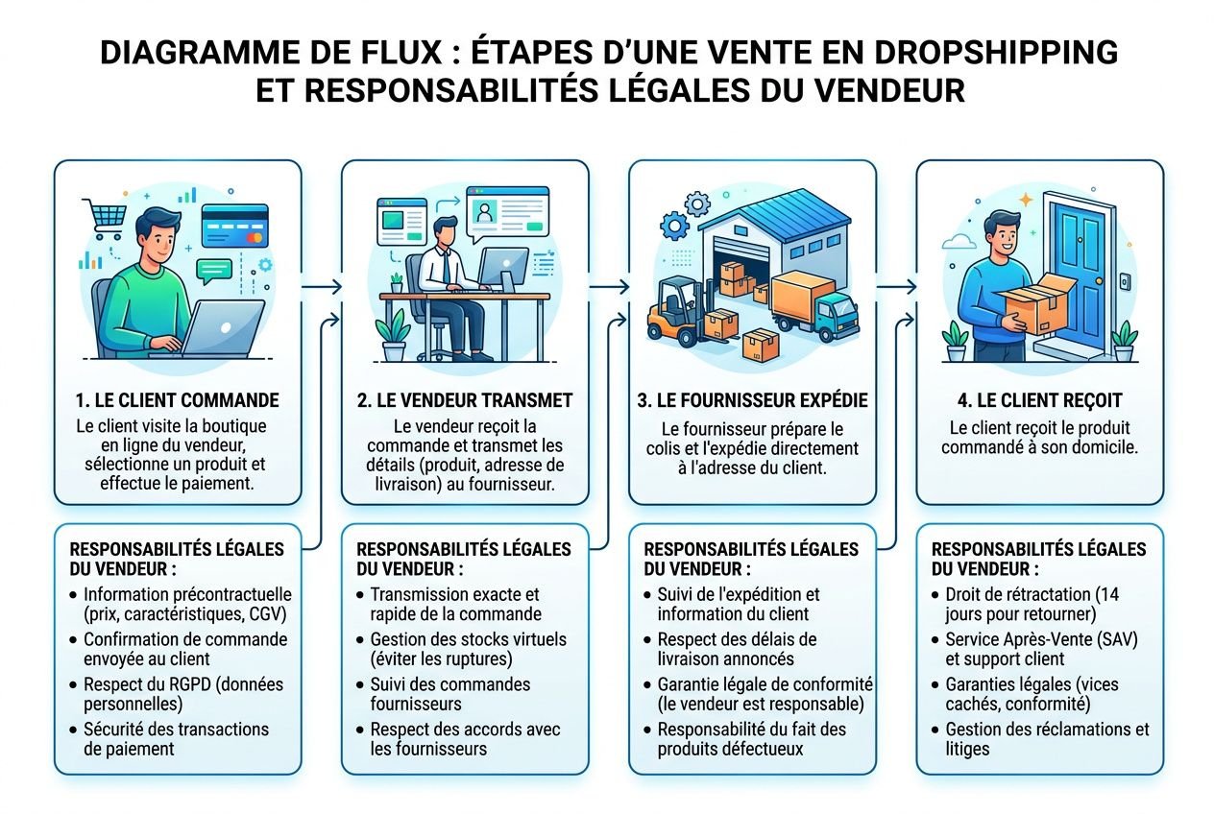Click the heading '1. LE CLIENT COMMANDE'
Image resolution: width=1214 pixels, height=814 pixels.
tap(177, 400)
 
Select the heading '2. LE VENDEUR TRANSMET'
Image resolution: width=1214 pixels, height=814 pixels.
tap(465, 400)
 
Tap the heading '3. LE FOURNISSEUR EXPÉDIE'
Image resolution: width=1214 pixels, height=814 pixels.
tap(752, 400)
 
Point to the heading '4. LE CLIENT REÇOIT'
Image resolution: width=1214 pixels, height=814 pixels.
tap(1039, 400)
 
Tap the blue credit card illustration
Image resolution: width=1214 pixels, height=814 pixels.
tap(233, 227)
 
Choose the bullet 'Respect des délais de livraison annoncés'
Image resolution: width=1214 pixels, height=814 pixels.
tap(738, 648)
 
